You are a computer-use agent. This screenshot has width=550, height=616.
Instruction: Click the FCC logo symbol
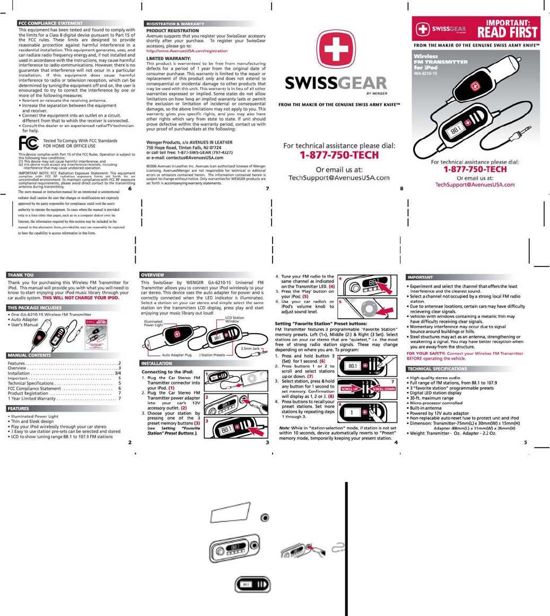point(28,143)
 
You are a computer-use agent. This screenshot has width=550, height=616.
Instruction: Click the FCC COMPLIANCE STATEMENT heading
point(50,23)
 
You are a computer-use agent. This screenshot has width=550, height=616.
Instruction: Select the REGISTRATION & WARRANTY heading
point(175,24)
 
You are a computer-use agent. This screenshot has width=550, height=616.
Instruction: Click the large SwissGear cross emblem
point(336,49)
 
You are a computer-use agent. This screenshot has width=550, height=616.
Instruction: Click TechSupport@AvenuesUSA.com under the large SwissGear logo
point(339,178)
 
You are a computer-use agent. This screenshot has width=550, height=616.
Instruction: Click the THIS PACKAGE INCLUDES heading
point(35,308)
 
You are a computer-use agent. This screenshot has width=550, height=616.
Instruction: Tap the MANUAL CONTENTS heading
point(30,355)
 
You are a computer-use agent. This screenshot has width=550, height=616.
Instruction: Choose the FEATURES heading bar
point(19,409)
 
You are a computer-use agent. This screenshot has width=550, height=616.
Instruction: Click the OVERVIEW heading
point(153,275)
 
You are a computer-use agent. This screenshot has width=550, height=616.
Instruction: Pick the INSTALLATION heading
point(156,363)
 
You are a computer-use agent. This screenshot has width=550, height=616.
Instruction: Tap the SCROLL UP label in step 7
point(350,388)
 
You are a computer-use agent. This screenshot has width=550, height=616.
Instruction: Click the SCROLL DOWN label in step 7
point(384,388)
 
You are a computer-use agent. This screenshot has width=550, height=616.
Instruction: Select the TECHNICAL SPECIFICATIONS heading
point(437,369)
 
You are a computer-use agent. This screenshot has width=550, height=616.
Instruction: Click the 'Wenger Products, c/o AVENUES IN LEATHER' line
point(189,142)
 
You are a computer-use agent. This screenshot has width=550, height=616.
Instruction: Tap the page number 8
point(401,189)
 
